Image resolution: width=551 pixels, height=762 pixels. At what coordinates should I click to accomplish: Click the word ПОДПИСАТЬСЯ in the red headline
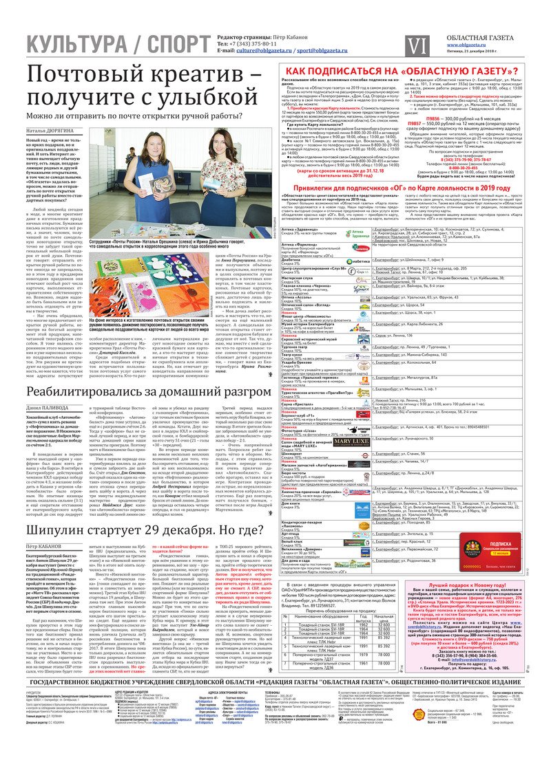360,71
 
